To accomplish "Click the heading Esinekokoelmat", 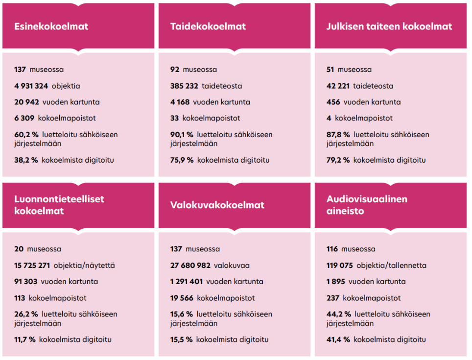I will point(51,26).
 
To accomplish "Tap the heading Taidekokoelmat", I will point(208,26).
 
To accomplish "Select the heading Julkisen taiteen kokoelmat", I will point(389,26).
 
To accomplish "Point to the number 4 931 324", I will point(31,86).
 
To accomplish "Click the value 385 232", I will point(184,86).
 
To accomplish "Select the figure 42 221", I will point(338,86).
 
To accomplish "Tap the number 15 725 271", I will point(32,265).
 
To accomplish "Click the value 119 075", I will point(339,265).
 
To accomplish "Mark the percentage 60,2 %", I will point(26,134).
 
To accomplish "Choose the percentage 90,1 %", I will point(182,134).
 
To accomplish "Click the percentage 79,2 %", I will point(338,160).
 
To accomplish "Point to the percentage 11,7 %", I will point(25,339).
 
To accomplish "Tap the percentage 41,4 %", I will point(338,339).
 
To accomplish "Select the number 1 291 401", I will point(186,282).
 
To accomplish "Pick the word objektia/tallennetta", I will point(391,265).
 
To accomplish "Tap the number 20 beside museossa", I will point(19,249).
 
